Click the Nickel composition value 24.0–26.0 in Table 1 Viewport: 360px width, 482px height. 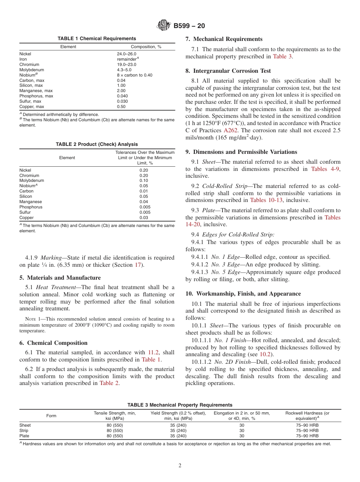(126, 54)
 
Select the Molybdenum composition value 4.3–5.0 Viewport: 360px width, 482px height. (124, 70)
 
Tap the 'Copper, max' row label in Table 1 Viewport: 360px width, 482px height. (32, 106)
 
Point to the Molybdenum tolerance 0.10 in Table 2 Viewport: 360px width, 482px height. (144, 181)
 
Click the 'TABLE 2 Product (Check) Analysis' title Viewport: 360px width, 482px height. (97, 144)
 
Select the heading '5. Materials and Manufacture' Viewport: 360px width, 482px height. (60, 278)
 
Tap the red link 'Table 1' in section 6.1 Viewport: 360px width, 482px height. (151, 360)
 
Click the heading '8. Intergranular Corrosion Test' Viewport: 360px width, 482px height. (228, 71)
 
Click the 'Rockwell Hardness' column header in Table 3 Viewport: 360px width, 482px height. (307, 413)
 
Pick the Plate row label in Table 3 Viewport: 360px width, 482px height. (24, 436)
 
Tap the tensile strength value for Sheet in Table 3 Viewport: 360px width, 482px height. (114, 425)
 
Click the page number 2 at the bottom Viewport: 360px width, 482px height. (180, 466)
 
